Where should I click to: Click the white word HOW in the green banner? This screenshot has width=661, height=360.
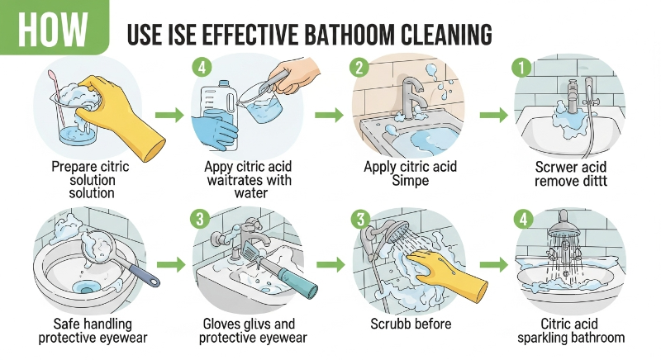53,29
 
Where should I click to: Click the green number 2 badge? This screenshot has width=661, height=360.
359,67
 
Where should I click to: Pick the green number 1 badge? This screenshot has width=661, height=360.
521,68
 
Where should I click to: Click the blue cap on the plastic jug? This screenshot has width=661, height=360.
223,83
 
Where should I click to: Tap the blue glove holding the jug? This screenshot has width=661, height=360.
213,131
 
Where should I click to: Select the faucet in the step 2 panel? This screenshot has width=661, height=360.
411,97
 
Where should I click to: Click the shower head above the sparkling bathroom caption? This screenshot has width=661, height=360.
564,226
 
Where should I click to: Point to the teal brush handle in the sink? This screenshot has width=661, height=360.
298,282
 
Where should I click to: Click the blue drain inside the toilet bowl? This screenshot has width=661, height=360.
87,288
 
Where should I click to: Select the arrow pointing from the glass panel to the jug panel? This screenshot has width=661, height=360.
169,115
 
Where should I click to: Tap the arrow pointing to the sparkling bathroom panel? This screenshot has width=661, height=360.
494,265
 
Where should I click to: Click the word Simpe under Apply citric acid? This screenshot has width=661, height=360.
410,181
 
